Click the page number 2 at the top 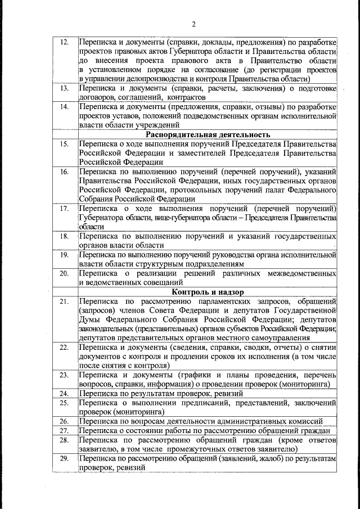(x=193, y=24)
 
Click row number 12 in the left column (x=64, y=43)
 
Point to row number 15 (x=64, y=144)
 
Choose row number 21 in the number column (x=64, y=302)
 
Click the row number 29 (x=64, y=460)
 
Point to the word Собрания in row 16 (x=96, y=199)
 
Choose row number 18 (x=64, y=236)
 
